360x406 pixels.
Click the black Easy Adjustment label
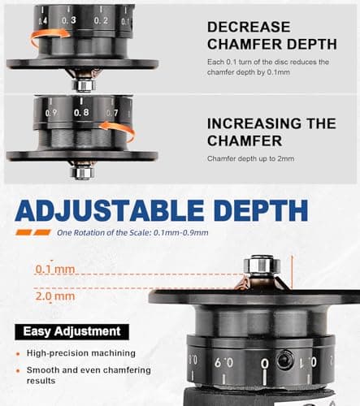tap(72, 331)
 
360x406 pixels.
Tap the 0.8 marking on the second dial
tap(80, 114)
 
